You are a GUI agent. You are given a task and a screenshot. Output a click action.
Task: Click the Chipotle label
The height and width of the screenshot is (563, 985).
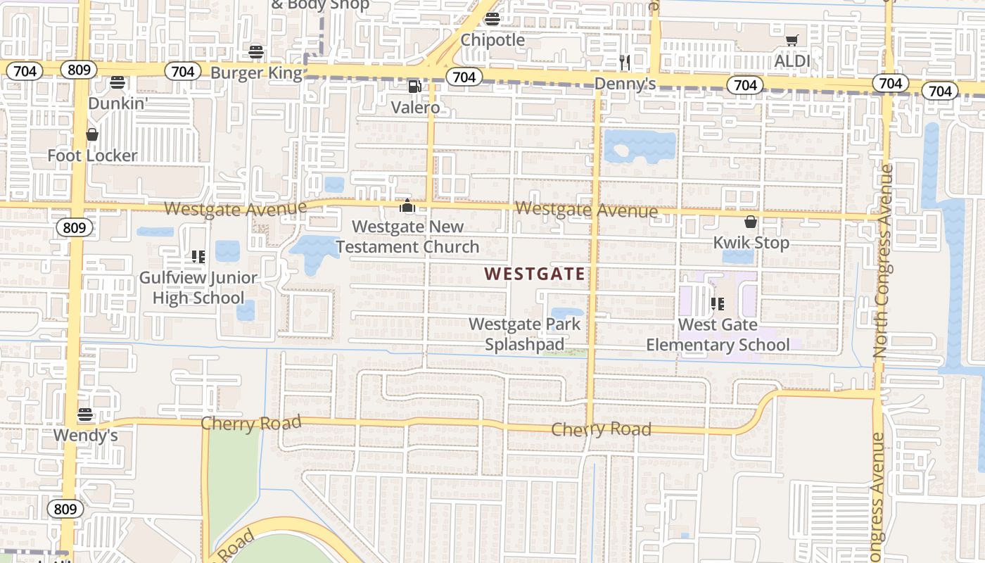[493, 40]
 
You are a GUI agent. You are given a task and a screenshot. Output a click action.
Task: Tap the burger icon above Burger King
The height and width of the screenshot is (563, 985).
[255, 51]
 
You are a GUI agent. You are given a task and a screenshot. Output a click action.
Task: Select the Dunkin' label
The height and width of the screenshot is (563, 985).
[117, 103]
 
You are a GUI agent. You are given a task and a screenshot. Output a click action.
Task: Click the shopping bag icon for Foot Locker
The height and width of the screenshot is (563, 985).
[92, 134]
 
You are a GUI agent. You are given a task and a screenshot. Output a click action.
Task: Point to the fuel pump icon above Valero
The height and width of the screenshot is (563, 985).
[415, 87]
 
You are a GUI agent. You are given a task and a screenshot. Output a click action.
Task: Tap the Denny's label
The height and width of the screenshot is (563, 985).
[625, 84]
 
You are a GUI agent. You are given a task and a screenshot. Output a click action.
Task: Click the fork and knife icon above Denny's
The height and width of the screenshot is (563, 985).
[624, 62]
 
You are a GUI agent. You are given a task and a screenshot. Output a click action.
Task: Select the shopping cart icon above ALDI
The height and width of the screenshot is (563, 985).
[792, 40]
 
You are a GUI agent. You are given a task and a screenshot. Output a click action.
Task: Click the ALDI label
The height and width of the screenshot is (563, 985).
[792, 61]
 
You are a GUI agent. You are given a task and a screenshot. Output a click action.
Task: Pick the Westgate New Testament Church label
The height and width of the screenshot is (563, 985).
[407, 236]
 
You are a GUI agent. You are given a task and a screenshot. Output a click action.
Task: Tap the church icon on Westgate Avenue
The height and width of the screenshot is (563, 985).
[407, 206]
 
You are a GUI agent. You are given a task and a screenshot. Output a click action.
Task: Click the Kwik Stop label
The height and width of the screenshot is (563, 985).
[751, 243]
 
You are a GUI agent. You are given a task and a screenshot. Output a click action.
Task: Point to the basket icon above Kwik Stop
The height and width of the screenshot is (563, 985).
[751, 222]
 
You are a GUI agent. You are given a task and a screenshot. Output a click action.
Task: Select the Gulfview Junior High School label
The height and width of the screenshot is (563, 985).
[198, 287]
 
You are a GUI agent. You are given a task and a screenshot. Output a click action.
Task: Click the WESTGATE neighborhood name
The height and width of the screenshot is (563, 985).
[535, 274]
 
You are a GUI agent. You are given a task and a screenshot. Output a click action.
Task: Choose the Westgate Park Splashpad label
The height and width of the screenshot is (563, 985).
[525, 334]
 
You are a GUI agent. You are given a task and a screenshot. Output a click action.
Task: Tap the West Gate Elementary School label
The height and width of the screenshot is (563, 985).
[718, 334]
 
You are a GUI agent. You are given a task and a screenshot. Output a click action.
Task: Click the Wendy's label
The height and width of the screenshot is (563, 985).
[85, 436]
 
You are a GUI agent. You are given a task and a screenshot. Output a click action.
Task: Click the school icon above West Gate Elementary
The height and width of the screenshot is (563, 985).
[717, 304]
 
